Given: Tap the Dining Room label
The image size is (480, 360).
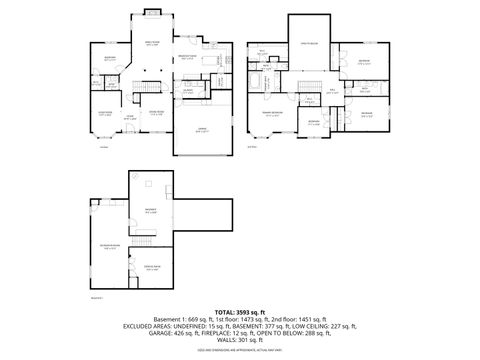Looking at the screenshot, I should click(155, 113).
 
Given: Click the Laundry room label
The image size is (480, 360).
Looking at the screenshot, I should click(187, 91).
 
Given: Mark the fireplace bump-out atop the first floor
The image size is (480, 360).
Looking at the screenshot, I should click(154, 12).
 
